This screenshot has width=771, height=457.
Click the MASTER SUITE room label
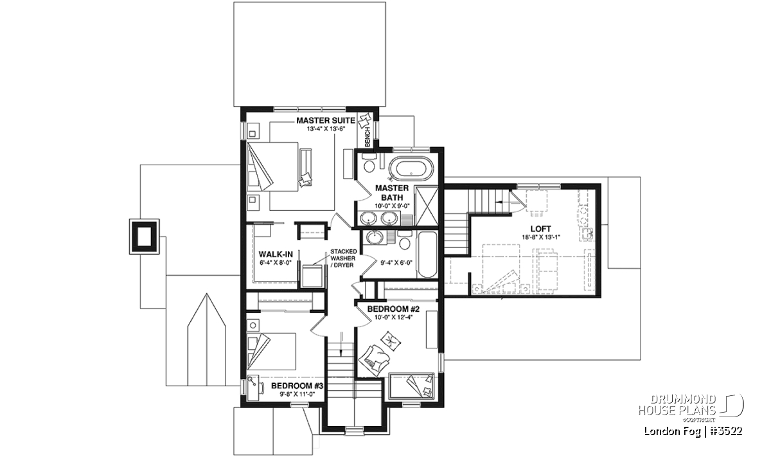pos(326,121)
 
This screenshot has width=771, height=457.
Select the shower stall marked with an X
pos(427,206)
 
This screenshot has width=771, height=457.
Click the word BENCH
pos(368,137)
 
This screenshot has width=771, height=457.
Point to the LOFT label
pos(541,229)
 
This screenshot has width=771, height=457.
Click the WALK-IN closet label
pos(276,255)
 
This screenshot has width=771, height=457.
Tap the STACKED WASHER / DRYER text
pos(343,258)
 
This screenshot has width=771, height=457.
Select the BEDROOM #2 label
pos(393,309)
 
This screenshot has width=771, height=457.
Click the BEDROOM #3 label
pos(297,386)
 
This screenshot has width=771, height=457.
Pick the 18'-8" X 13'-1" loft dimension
pos(541,237)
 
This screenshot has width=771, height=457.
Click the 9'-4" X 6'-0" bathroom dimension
pos(396,263)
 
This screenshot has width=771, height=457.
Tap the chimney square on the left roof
pos(144,237)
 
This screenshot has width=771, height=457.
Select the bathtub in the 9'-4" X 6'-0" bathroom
pos(427,255)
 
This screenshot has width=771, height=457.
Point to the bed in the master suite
pos(272,166)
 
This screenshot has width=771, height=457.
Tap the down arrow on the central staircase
pos(341,345)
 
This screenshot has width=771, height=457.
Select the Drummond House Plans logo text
pos(677,405)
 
